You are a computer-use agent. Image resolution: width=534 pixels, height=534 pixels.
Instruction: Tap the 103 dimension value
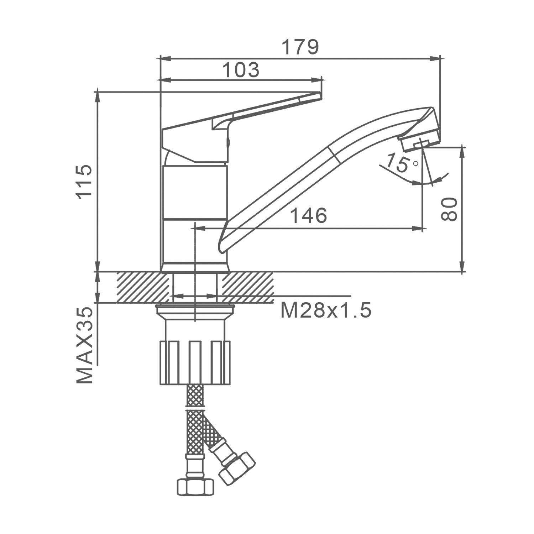(241, 70)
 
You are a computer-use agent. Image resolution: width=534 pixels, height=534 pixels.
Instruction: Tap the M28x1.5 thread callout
(326, 310)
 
